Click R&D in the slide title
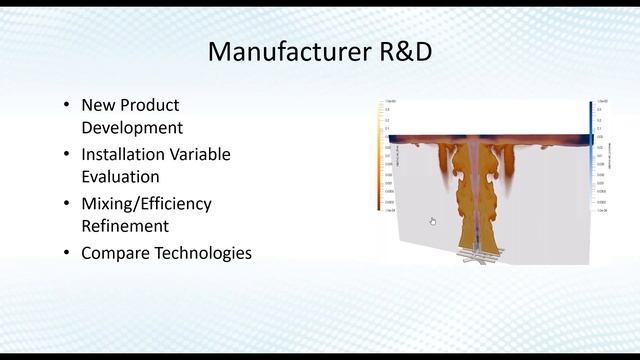[400, 51]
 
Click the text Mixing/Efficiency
[147, 203]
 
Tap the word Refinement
[125, 226]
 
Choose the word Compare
[115, 253]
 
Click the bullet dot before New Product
[66, 104]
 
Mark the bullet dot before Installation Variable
[66, 154]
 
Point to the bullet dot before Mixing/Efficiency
[66, 203]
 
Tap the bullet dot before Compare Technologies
[66, 253]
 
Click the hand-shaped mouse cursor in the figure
[433, 222]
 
